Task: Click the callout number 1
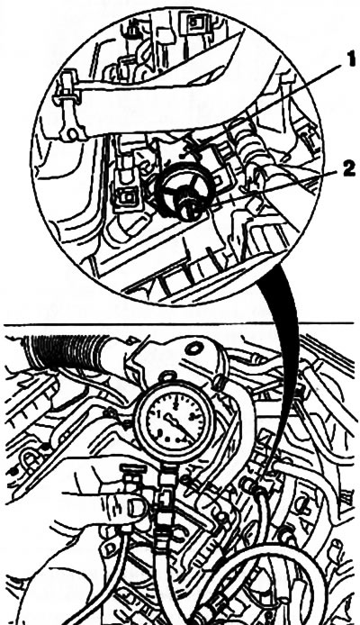click(x=349, y=60)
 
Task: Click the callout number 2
click(x=347, y=169)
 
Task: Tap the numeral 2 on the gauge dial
click(x=175, y=405)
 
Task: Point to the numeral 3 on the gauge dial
click(x=192, y=417)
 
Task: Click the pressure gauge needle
click(x=178, y=425)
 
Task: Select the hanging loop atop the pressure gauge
click(x=167, y=376)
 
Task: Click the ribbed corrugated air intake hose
click(x=67, y=350)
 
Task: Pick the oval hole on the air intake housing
click(x=194, y=349)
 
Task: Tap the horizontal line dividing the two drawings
click(x=179, y=323)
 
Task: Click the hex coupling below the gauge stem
click(x=163, y=515)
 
